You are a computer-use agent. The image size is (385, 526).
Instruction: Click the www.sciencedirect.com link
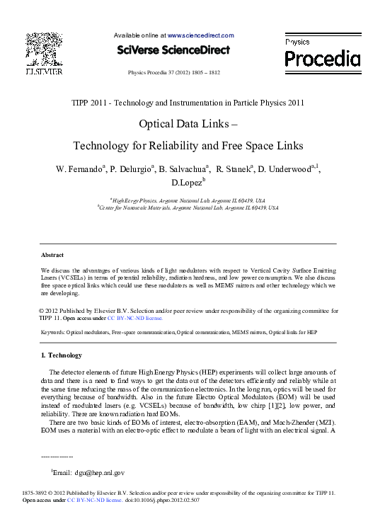coord(200,35)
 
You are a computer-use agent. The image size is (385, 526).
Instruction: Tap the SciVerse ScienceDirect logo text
coord(173,50)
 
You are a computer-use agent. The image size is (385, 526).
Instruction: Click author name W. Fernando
coord(80,169)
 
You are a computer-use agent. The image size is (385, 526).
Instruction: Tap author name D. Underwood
coord(285,169)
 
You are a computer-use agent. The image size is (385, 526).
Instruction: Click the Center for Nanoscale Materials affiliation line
coord(188,208)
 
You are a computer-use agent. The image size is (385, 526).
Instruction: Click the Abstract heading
coord(52,255)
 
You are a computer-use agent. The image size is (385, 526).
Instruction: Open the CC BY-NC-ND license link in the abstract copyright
coord(139,318)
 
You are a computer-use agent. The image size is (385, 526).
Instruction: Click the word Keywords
coord(53,332)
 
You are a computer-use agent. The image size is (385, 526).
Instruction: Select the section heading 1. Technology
coord(62,355)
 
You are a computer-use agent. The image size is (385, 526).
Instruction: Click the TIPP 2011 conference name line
coord(188,103)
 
